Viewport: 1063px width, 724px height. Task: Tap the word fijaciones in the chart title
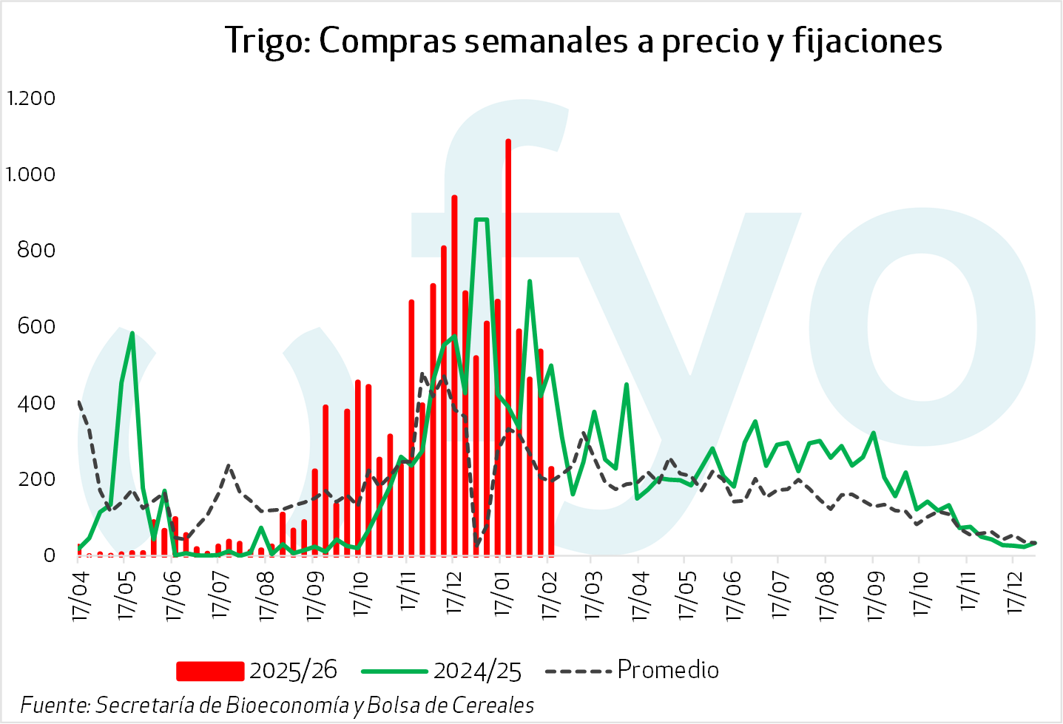868,42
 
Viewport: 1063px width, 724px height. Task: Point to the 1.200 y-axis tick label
31,98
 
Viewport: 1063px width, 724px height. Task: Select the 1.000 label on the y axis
31,174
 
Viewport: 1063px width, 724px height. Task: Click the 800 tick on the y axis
36,250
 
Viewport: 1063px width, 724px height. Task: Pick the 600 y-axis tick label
36,326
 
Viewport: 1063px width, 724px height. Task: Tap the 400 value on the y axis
36,403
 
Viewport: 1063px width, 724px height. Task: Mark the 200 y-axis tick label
36,479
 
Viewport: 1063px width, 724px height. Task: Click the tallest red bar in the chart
508,348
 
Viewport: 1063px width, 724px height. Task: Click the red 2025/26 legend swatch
210,671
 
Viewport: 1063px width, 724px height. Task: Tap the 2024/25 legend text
477,671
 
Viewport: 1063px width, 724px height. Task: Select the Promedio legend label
667,669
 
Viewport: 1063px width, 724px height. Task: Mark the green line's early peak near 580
132,334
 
